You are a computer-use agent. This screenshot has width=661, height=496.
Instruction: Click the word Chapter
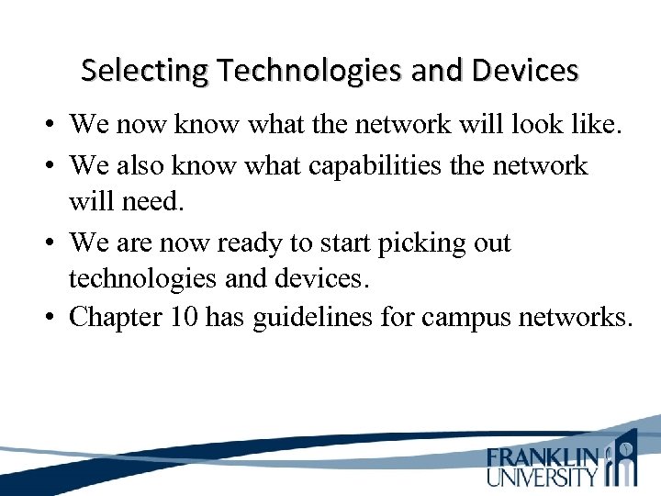coord(114,318)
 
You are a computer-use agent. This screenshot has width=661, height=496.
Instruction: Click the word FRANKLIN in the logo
coord(542,457)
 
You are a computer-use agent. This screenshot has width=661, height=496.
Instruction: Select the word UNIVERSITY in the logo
coord(542,477)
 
